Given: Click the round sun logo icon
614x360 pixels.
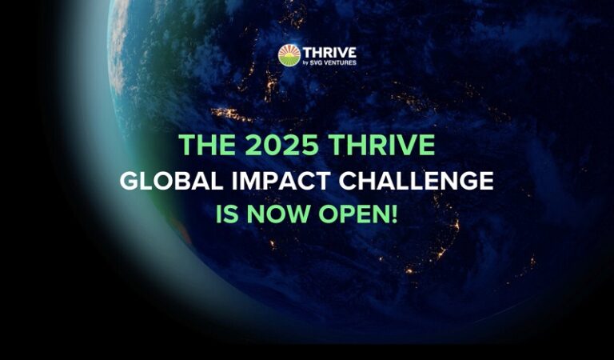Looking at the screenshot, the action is (289, 55).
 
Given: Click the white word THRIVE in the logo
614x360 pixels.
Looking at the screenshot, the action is (329, 53).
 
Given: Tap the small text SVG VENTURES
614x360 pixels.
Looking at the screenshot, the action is (333, 62).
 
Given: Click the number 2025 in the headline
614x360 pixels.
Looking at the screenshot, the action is (282, 145).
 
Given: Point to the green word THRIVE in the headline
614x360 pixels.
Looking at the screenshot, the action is (382, 145).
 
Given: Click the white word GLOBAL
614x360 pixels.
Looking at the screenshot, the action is (172, 181).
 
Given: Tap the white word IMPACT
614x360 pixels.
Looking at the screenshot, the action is (281, 181).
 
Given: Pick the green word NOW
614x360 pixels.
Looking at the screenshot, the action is (278, 214).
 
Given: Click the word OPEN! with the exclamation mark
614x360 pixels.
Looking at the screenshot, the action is (358, 214).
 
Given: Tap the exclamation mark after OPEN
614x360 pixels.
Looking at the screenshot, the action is (394, 214).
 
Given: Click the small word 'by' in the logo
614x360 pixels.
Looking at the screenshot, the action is (306, 62).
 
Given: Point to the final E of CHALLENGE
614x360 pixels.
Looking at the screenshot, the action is (486, 181).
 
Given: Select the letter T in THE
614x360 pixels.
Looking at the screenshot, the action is (187, 145).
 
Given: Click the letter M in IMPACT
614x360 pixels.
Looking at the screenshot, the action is (252, 181).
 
